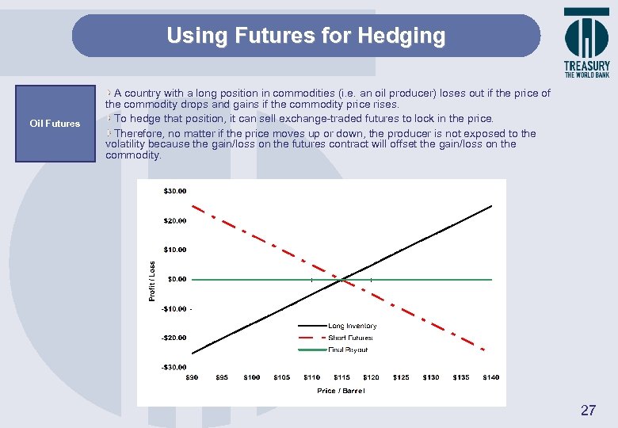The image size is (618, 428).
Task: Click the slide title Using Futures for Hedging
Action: [x=306, y=36]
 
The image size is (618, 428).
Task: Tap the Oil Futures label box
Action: [x=55, y=124]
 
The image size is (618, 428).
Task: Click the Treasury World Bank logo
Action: [x=586, y=43]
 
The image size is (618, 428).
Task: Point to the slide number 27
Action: [x=588, y=410]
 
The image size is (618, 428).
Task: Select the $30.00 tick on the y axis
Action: [x=175, y=191]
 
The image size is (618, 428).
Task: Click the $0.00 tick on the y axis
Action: [x=177, y=279]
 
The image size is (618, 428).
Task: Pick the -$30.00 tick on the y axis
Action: [x=174, y=367]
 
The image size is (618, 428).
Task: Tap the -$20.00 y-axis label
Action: [x=174, y=338]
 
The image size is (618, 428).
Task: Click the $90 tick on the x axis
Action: [x=192, y=377]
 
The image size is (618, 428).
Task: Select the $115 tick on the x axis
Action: [x=341, y=377]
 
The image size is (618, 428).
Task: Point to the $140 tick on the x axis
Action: [x=491, y=377]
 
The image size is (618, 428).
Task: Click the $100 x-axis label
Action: [x=252, y=377]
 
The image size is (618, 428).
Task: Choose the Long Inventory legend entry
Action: [x=352, y=326]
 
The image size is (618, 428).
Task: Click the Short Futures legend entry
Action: [x=350, y=338]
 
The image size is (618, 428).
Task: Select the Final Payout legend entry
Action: [x=348, y=350]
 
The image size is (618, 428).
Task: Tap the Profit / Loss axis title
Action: [x=153, y=281]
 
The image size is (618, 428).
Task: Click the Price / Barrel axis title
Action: [x=341, y=391]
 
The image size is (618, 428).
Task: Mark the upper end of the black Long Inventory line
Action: [x=491, y=206]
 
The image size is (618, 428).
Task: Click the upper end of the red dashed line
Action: [x=193, y=206]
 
